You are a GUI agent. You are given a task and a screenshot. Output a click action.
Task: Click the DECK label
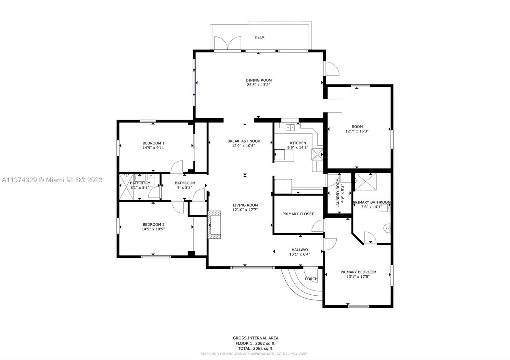tap(259, 37)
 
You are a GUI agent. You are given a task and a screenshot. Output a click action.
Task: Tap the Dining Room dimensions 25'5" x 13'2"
tap(259, 85)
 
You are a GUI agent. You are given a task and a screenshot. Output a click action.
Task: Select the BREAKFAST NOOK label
tap(244, 141)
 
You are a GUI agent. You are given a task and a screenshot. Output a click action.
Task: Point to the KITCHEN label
tap(298, 143)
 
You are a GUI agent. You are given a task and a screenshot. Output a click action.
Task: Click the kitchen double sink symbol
tap(290, 128)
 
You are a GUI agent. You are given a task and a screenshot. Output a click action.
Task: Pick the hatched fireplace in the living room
tap(214, 225)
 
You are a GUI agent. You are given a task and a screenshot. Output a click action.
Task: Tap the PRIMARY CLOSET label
tap(298, 214)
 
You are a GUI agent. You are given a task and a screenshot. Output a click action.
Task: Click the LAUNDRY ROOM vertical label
tap(338, 193)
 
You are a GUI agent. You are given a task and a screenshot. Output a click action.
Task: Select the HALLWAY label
tap(300, 250)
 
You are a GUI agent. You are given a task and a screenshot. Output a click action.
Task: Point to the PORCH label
tap(311, 279)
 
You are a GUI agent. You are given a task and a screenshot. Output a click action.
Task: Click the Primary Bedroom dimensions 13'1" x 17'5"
tap(358, 277)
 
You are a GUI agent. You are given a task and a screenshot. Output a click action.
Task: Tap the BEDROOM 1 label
tap(153, 143)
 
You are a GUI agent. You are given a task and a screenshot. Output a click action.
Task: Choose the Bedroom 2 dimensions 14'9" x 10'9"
tap(153, 229)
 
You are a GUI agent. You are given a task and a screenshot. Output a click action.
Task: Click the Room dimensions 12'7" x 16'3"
tap(357, 131)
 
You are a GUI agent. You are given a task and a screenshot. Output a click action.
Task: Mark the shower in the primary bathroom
tap(366, 182)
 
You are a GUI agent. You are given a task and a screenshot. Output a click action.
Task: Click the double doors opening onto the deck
tap(228, 43)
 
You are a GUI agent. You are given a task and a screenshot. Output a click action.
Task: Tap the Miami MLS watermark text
tap(52, 180)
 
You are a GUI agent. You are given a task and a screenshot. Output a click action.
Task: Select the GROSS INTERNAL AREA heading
tap(255, 338)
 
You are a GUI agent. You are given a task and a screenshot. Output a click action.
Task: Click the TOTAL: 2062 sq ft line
tap(255, 349)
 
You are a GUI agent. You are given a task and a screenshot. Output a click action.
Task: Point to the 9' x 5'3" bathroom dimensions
tap(185, 188)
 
